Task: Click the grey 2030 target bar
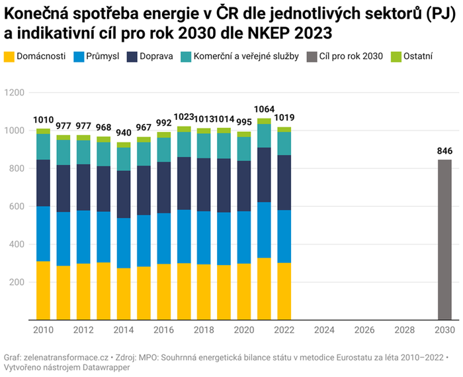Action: coord(444,240)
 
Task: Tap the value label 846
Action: coord(444,151)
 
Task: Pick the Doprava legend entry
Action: coord(151,56)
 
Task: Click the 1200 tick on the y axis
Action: coord(15,93)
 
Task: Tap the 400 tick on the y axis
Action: coord(17,244)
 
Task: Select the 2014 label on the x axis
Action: coord(124,329)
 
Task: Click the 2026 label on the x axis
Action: coord(364,329)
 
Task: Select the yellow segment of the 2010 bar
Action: coord(43,290)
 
